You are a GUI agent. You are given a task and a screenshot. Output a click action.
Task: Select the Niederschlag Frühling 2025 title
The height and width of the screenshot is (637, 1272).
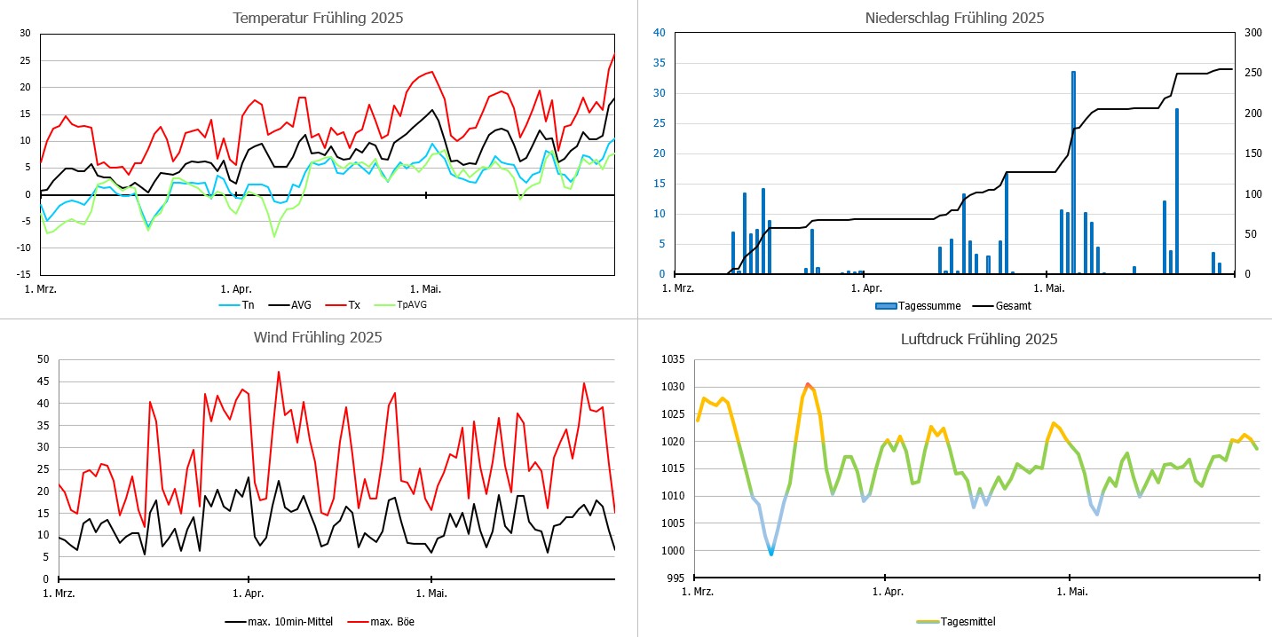coord(954,18)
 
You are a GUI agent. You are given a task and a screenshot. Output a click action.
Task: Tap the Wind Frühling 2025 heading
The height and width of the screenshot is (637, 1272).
coord(318,337)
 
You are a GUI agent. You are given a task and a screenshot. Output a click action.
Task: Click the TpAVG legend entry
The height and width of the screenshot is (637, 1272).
coord(409,305)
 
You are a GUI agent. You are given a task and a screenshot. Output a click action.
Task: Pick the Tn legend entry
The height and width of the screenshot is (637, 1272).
coord(248,305)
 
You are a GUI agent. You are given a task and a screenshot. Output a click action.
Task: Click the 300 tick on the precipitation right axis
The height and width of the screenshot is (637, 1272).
coord(1250,33)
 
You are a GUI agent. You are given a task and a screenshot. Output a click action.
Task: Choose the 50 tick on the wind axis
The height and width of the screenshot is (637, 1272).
coord(42,359)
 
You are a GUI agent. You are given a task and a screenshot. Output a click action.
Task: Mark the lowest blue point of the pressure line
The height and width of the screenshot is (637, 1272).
coord(771,554)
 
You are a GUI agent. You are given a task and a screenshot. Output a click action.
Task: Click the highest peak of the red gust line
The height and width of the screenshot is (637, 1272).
coord(278,372)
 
